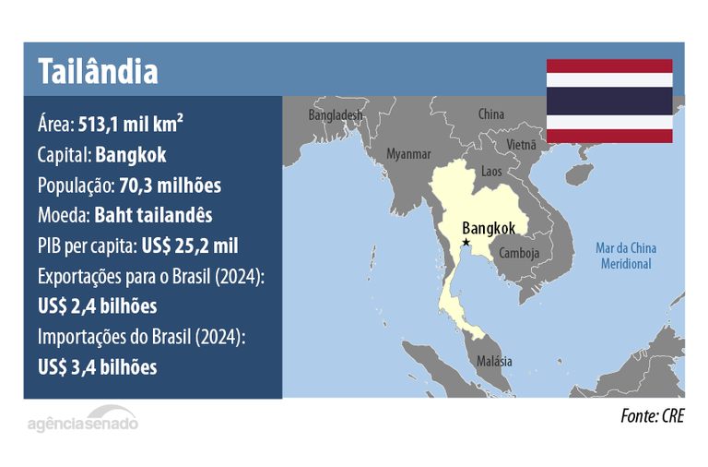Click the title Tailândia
[97, 70]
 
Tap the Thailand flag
[609, 102]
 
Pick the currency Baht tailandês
[153, 215]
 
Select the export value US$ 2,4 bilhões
[97, 305]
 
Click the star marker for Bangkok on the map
[466, 242]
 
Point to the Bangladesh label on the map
[336, 116]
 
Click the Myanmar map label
[409, 153]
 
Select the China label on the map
[491, 114]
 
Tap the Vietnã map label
[521, 145]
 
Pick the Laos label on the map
[492, 172]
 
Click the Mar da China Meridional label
[626, 256]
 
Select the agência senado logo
[82, 423]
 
